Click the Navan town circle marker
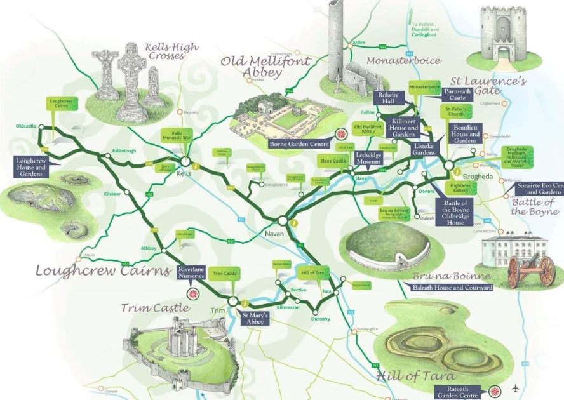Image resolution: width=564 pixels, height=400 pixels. pyautogui.click(x=281, y=220)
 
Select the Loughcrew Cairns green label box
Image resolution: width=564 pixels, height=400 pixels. pyautogui.click(x=59, y=104)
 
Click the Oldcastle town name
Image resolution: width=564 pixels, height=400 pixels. pyautogui.click(x=26, y=126)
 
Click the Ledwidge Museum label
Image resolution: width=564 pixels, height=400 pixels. pyautogui.click(x=372, y=157)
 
